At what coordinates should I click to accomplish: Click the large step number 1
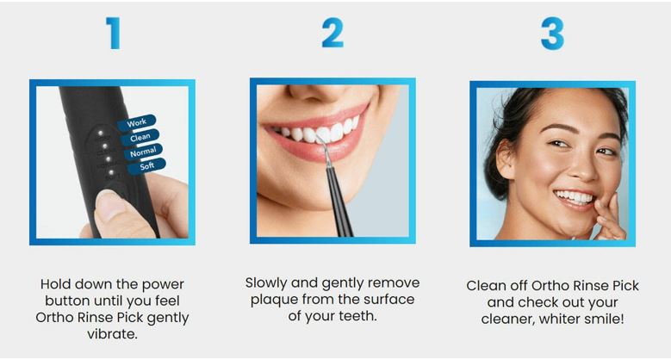(x=114, y=34)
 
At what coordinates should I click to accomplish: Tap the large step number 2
(x=332, y=33)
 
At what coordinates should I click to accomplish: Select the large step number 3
(x=552, y=34)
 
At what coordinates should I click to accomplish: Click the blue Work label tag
(x=136, y=123)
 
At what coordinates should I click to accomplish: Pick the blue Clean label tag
(x=140, y=138)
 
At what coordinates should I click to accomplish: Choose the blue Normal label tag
(x=143, y=152)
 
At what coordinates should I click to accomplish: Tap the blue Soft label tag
(x=146, y=166)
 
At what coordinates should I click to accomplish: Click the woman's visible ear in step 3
(x=506, y=158)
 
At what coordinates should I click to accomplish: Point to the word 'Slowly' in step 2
(x=266, y=283)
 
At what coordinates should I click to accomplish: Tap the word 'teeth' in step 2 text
(x=356, y=316)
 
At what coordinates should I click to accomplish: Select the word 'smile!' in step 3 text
(x=606, y=319)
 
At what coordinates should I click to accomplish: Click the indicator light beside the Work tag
(x=101, y=133)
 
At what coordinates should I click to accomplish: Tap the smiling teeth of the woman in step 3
(x=575, y=197)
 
